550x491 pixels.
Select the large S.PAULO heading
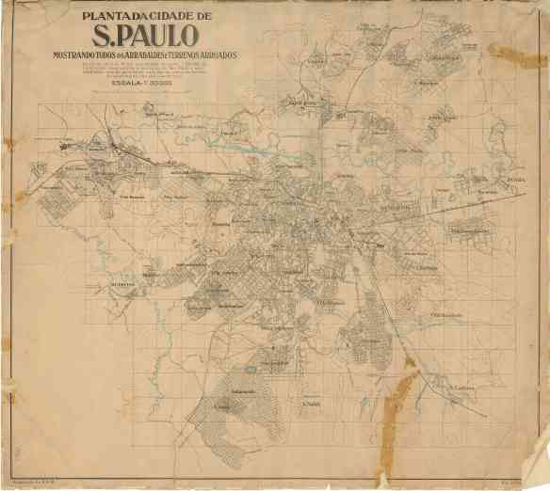145,37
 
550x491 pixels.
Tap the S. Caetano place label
461,387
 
